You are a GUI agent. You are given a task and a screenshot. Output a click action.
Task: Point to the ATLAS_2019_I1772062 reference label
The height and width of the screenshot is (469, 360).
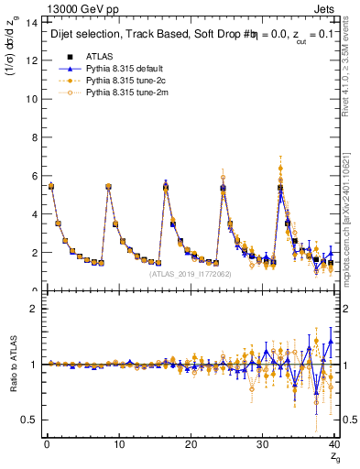tap(189, 273)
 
